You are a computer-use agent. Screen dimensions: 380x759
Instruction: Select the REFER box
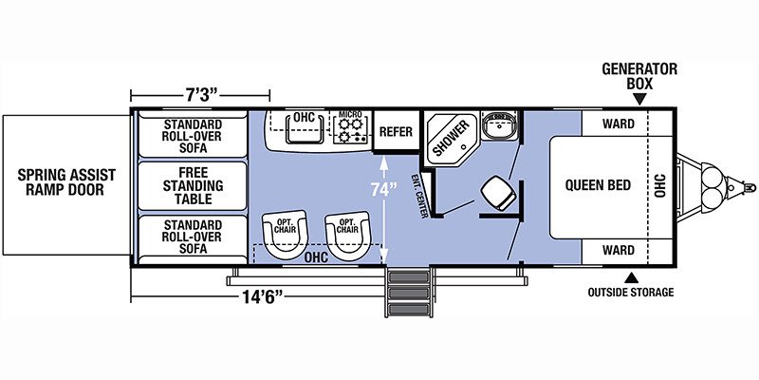pyautogui.click(x=395, y=132)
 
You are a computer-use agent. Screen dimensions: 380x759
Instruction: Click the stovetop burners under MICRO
pyautogui.click(x=351, y=131)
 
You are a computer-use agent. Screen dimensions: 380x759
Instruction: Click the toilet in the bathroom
pyautogui.click(x=497, y=191)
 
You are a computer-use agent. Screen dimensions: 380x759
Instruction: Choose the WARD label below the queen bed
pyautogui.click(x=617, y=252)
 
